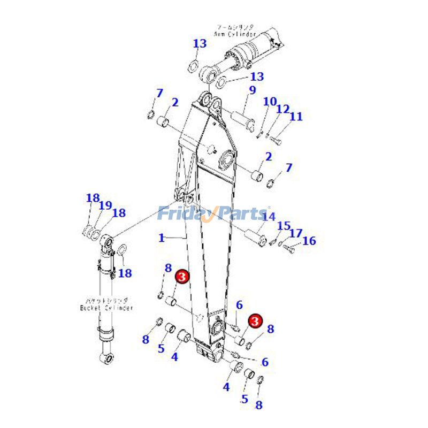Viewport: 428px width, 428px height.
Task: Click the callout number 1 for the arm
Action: pyautogui.click(x=162, y=238)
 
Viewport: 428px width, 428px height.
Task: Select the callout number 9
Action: pyautogui.click(x=251, y=90)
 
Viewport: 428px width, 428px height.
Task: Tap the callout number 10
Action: pyautogui.click(x=270, y=102)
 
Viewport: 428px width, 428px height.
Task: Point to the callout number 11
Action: pyautogui.click(x=296, y=116)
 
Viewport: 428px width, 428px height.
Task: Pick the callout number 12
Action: pyautogui.click(x=282, y=109)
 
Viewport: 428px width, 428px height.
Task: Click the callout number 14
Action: pyautogui.click(x=269, y=217)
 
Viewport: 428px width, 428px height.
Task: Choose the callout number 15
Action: pyautogui.click(x=284, y=226)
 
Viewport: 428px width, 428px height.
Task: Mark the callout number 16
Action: pyautogui.click(x=309, y=241)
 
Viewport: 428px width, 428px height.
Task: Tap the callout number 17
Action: pyautogui.click(x=296, y=233)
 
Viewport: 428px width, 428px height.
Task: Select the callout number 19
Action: pyautogui.click(x=105, y=205)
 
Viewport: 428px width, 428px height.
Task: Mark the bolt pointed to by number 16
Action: pyautogui.click(x=289, y=248)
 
